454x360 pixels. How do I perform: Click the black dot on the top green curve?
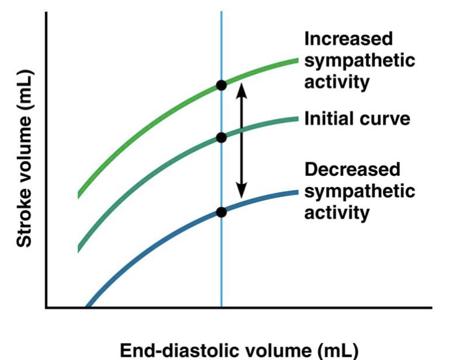[x=221, y=85]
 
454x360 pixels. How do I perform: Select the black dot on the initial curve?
[x=221, y=138]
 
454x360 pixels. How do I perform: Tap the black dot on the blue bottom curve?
[x=221, y=212]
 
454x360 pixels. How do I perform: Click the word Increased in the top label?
[x=348, y=39]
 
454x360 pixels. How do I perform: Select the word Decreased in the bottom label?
[x=352, y=170]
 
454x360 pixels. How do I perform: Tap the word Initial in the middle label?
[x=328, y=119]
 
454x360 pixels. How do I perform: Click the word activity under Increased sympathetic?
[x=337, y=82]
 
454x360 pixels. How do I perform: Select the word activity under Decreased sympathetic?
[x=337, y=212]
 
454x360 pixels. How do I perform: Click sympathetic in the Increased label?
[x=359, y=61]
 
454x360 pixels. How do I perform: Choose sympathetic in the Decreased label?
[x=359, y=191]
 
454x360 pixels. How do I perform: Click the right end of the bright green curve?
[x=298, y=59]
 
